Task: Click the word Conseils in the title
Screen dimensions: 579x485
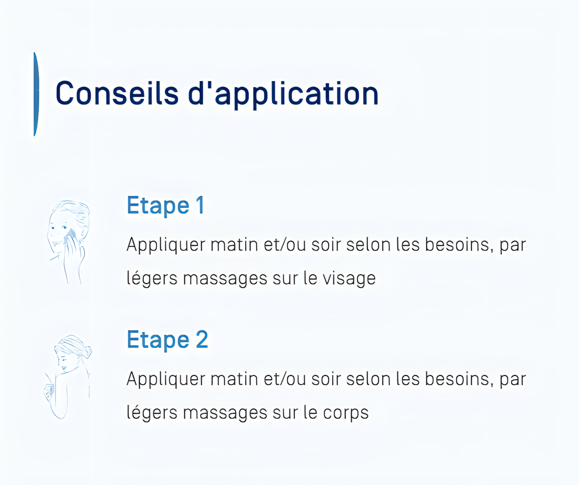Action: coord(117,93)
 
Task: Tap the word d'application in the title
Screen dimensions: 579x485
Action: coord(283,95)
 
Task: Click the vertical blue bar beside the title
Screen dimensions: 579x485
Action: coord(36,94)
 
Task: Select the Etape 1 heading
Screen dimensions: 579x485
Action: coord(166,206)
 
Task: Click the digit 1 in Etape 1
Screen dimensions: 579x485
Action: coord(200,205)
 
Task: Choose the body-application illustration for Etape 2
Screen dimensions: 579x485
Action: coord(68,377)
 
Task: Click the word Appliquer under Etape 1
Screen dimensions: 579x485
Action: coord(166,245)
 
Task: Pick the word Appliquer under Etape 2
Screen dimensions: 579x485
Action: coord(166,380)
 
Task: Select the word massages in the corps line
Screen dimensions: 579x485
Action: coord(225,413)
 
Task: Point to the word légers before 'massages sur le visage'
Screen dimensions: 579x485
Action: coord(152,278)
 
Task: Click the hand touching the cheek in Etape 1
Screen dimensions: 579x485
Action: coord(73,251)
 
